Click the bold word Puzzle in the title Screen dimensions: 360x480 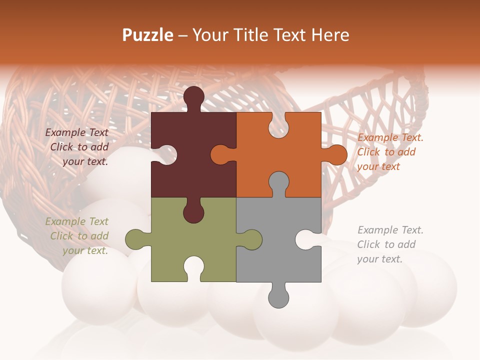point(148,35)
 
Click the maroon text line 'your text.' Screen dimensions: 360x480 point(85,161)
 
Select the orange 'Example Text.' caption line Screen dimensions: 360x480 point(390,137)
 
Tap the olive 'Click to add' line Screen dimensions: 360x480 point(79,236)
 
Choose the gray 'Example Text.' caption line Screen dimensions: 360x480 point(390,230)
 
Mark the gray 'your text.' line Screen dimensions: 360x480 point(379,259)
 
